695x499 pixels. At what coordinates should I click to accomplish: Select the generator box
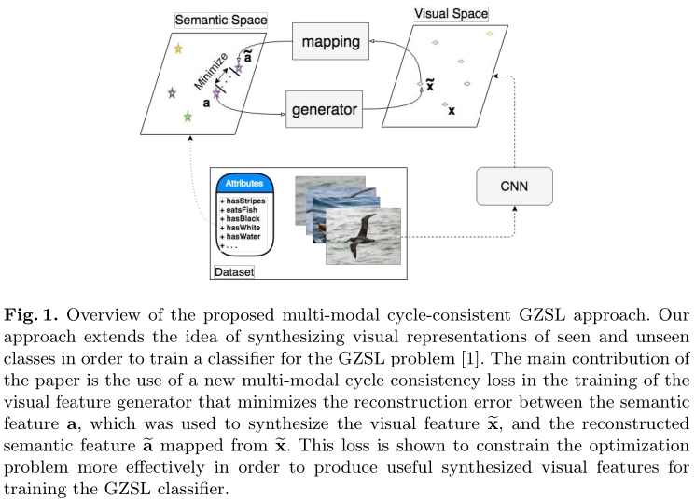(324, 109)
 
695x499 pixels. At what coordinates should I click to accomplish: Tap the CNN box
(513, 187)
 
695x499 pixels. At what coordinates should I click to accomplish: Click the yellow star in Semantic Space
(178, 49)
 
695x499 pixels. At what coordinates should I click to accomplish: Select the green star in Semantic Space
(188, 117)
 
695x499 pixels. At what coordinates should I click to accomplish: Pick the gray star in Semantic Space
(172, 93)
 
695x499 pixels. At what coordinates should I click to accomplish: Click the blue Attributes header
(243, 184)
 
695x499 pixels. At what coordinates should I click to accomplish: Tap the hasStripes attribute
(244, 201)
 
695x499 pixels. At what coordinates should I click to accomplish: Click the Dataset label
(234, 271)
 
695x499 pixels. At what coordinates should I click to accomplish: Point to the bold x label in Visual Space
(452, 110)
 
